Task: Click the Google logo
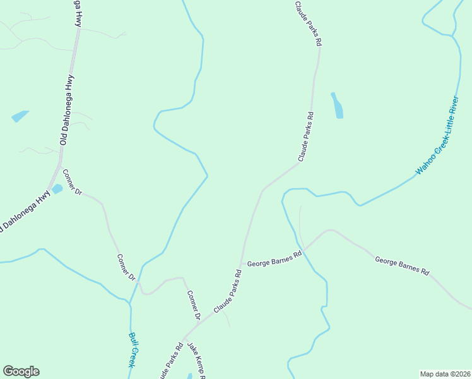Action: (x=21, y=371)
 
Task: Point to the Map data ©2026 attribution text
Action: (x=445, y=374)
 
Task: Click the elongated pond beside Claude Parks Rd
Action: (x=337, y=105)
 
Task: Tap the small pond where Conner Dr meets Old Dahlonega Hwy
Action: (x=57, y=189)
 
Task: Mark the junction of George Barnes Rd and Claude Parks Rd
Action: (x=240, y=263)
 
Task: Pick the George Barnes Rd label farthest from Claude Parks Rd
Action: (x=402, y=265)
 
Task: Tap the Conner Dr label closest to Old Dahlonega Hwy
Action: (x=73, y=182)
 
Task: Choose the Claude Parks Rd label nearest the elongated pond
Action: (x=306, y=136)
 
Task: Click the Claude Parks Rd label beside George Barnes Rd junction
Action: (x=228, y=292)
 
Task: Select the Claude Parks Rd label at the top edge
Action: (x=309, y=24)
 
